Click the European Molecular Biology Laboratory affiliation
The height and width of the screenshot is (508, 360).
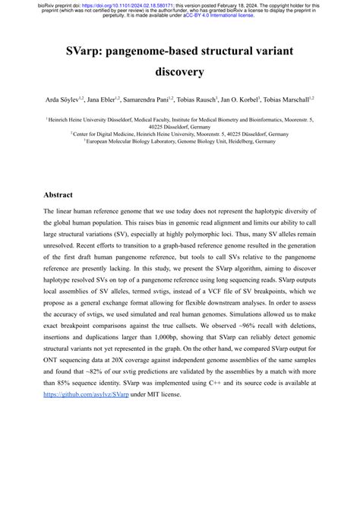coord(179,140)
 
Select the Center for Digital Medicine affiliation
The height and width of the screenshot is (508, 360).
coord(179,133)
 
